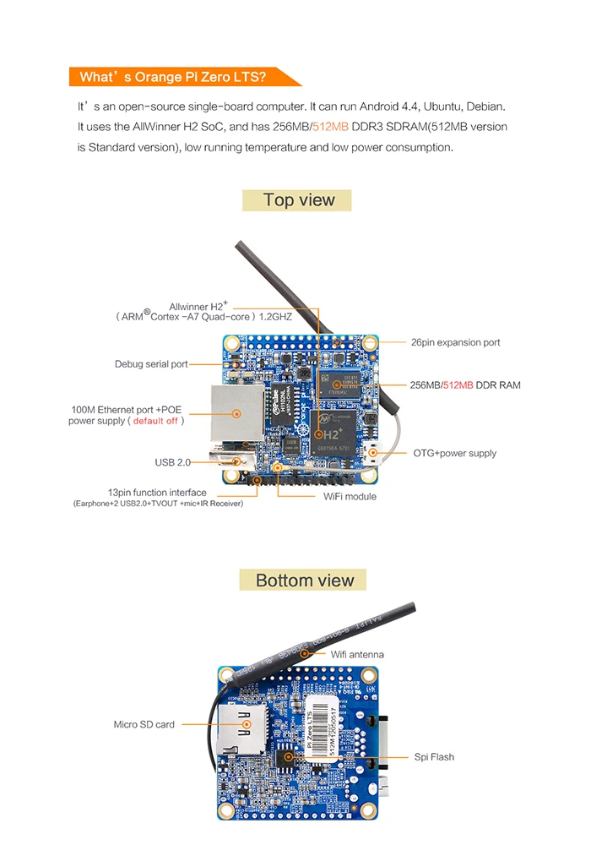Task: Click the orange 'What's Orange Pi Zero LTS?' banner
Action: pos(173,77)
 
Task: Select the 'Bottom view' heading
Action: pos(305,580)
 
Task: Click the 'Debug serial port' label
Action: pos(151,364)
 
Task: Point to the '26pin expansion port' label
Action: pos(455,342)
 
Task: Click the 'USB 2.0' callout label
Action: pos(172,462)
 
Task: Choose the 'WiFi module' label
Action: pos(350,496)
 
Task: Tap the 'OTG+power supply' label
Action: pos(454,453)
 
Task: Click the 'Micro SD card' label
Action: pos(144,724)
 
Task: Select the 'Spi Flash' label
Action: pos(434,756)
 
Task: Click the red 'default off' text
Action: pos(155,421)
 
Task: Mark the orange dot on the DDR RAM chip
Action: pos(336,384)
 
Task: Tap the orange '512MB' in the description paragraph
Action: pos(330,127)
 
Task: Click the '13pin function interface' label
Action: pos(156,492)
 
